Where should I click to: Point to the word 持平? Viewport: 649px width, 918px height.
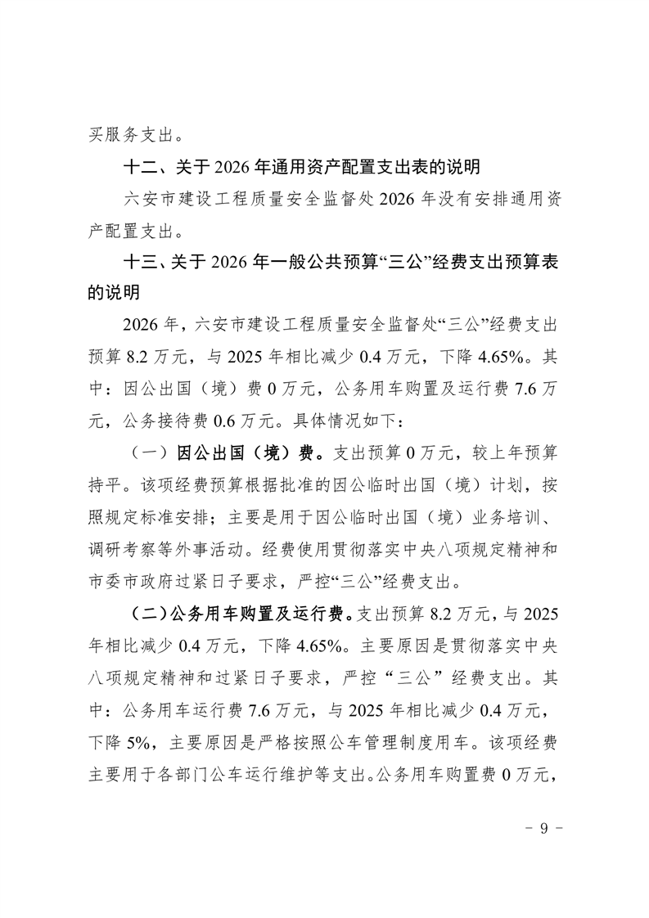[107, 483]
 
